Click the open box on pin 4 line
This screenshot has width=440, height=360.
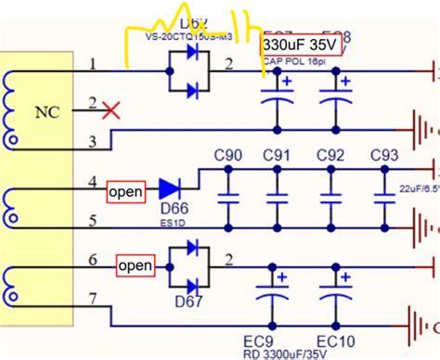click(x=125, y=191)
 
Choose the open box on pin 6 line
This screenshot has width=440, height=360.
click(x=135, y=266)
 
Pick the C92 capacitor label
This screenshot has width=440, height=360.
click(x=330, y=154)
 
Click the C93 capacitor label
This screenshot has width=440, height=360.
click(x=383, y=154)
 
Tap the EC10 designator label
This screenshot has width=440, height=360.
click(x=331, y=340)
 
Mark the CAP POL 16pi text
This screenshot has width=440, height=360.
click(x=292, y=62)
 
